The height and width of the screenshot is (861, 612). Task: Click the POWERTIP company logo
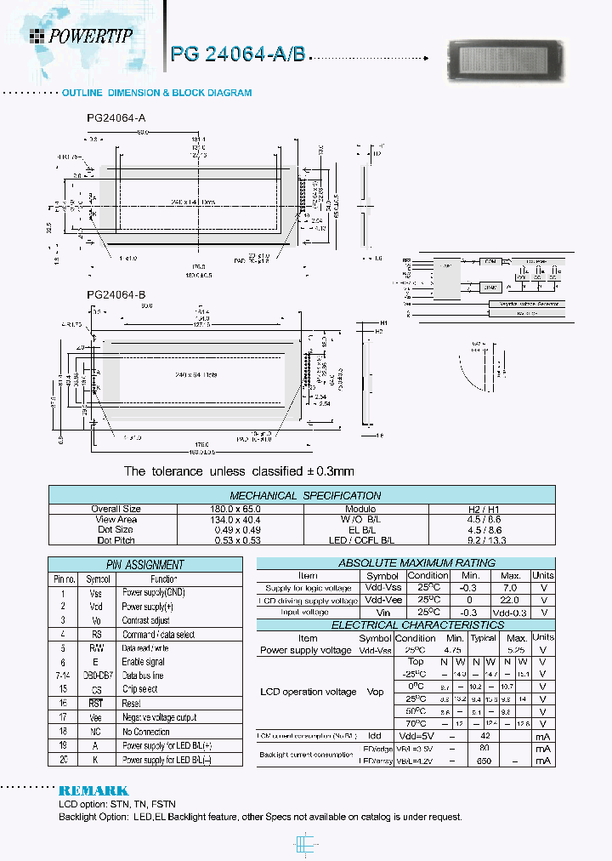[81, 36]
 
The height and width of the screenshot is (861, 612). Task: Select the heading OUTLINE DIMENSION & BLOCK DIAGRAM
[156, 93]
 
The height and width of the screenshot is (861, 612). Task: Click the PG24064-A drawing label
[116, 119]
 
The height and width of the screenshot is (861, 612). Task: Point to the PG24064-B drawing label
[116, 295]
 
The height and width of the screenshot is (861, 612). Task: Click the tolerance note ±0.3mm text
[239, 470]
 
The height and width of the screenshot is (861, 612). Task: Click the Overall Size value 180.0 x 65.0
[239, 509]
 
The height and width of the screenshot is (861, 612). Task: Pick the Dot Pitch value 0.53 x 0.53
[239, 540]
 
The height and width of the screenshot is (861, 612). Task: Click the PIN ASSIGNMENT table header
[144, 564]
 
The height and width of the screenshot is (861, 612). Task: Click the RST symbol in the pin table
[95, 704]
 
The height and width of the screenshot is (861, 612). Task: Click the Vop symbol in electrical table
[375, 692]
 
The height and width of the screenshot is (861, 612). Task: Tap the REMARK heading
[93, 790]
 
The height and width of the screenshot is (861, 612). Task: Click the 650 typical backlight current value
[484, 761]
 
